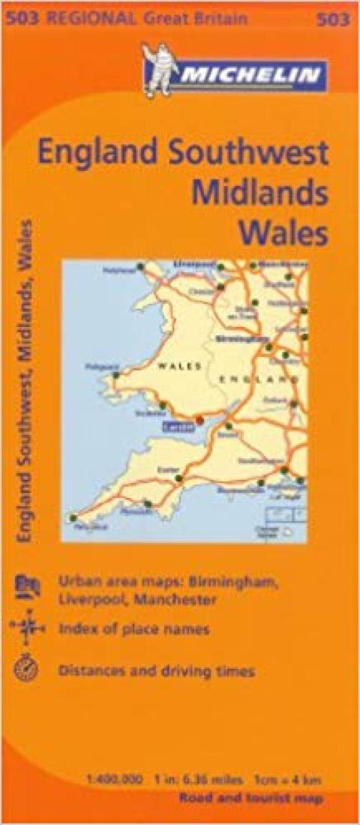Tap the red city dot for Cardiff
[x=199, y=419]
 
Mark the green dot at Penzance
[x=73, y=517]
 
